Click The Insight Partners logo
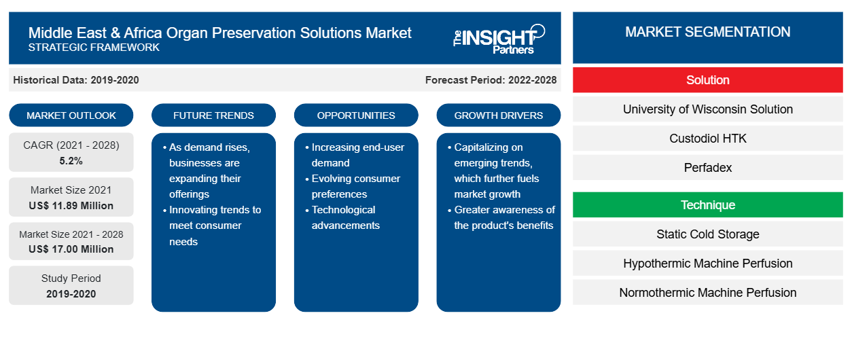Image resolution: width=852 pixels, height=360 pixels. [499, 39]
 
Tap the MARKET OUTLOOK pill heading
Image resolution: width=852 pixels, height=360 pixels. [71, 115]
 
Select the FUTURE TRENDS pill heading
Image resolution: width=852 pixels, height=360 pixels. [213, 115]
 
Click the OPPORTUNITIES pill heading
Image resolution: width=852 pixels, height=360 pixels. [356, 115]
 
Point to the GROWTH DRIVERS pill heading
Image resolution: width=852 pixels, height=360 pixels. [498, 115]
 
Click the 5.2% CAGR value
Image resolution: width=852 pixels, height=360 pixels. [71, 161]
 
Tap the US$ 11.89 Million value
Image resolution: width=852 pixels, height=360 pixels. [71, 206]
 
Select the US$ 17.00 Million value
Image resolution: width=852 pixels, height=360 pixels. [71, 249]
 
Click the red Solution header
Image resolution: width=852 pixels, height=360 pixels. [708, 80]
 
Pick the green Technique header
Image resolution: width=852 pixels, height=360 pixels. [708, 205]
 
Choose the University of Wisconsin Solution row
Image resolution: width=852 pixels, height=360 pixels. [708, 109]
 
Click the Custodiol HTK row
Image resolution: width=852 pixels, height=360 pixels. [708, 139]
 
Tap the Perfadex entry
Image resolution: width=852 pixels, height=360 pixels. [708, 168]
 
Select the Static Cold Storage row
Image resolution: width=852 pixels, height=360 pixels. [708, 234]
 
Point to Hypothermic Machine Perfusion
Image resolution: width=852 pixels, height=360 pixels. [708, 264]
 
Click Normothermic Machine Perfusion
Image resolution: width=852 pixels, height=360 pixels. [708, 293]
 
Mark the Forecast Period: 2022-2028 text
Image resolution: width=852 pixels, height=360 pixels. [491, 80]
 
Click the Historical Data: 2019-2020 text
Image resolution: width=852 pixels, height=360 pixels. [76, 80]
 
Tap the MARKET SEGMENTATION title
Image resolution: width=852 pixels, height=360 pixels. [708, 32]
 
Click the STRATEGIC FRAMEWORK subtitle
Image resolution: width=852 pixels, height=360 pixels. [94, 48]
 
